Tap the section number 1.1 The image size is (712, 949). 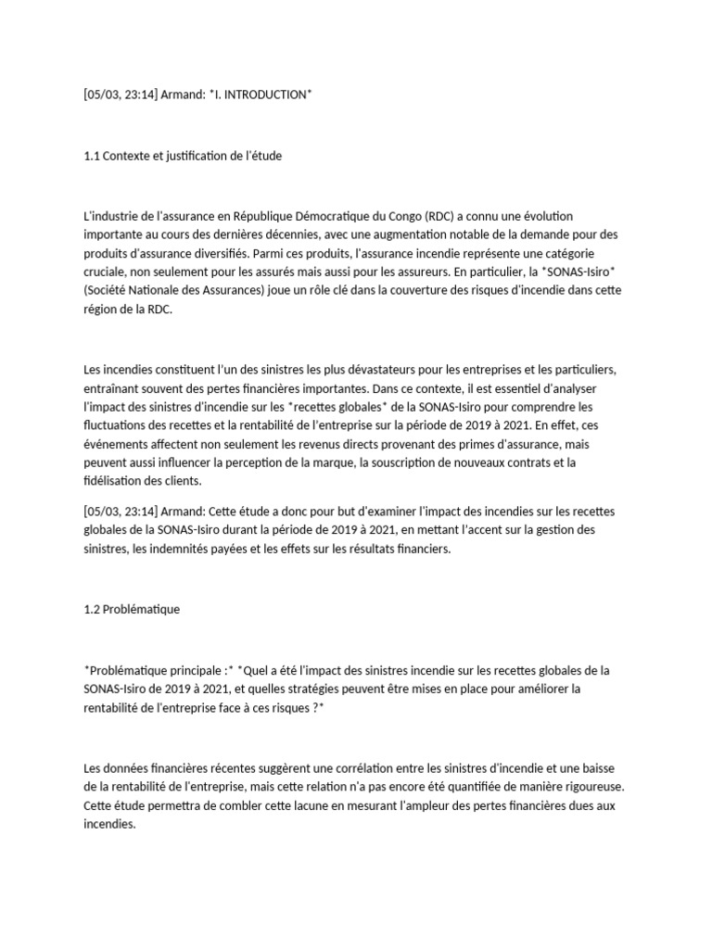(92, 156)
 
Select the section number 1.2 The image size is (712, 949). (92, 609)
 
